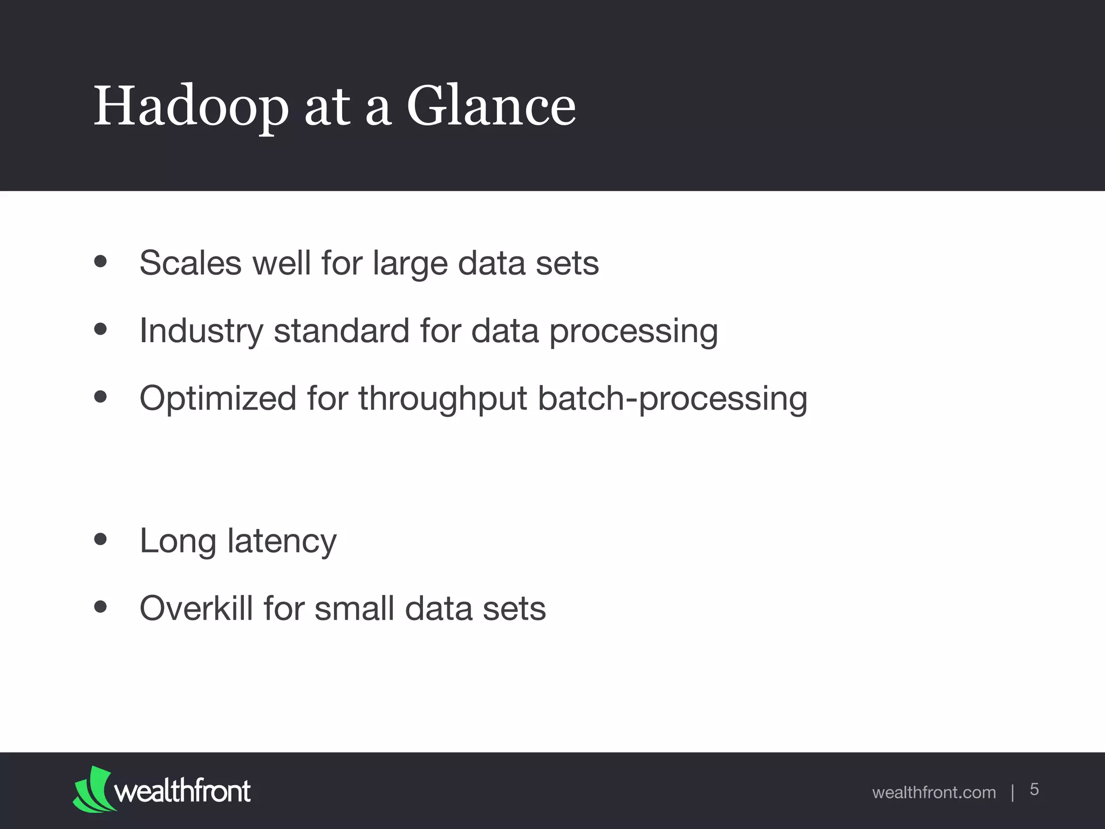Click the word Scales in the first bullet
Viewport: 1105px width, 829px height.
coord(190,263)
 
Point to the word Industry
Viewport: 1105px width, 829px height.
coord(201,331)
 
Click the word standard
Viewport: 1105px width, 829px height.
coord(342,330)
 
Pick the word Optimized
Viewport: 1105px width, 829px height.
coord(218,399)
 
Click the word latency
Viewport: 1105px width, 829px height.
coord(282,541)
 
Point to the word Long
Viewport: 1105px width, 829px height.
coord(178,541)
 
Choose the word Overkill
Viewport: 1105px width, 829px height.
coord(196,608)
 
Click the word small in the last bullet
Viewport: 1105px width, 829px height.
coord(354,608)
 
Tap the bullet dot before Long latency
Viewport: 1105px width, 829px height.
coord(100,539)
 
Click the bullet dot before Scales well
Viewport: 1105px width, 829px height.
coord(100,262)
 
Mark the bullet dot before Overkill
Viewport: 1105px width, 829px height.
coord(100,607)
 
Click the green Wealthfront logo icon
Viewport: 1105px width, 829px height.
coord(93,789)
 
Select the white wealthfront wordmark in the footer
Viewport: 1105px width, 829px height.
coord(182,791)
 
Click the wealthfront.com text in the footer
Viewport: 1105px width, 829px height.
coord(933,792)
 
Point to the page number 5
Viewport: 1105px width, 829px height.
coord(1034,789)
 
